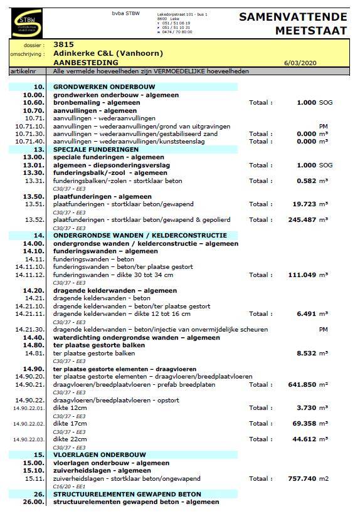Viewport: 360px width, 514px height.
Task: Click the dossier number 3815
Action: point(63,45)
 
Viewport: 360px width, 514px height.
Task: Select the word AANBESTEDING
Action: point(85,63)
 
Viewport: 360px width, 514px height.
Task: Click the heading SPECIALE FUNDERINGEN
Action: point(95,150)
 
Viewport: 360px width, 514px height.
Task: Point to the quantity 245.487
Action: point(303,220)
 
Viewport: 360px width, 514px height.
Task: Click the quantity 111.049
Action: point(303,275)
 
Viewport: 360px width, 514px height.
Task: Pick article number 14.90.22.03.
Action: point(28,439)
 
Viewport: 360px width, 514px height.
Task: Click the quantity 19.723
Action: point(305,204)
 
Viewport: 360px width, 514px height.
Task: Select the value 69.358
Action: point(305,424)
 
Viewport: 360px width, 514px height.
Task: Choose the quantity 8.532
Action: point(307,354)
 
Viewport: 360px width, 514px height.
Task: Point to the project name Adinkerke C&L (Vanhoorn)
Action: point(108,54)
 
